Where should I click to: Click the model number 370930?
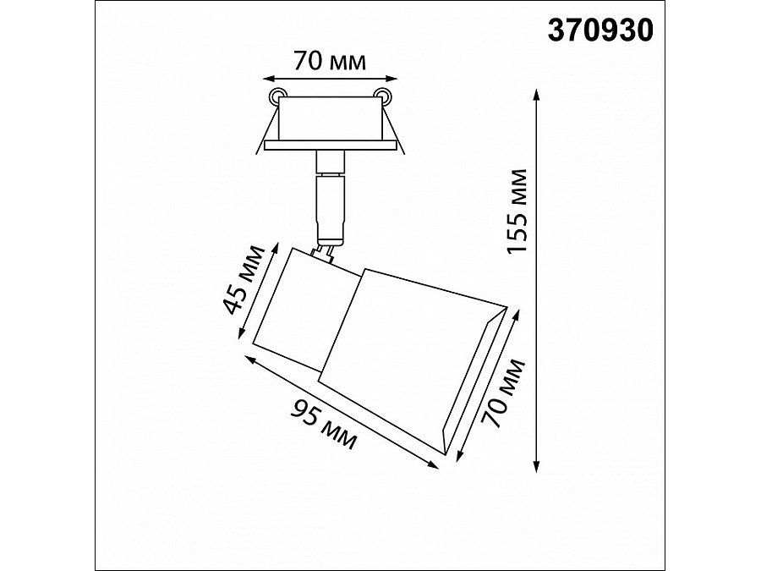point(600,31)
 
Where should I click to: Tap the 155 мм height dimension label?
point(516,211)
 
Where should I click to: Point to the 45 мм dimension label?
point(244,280)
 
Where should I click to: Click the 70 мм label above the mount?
point(330,62)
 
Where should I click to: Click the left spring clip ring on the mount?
point(278,95)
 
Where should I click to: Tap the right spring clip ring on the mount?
point(381,95)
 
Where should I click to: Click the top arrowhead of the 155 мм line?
point(536,95)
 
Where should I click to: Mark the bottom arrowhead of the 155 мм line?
point(536,465)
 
